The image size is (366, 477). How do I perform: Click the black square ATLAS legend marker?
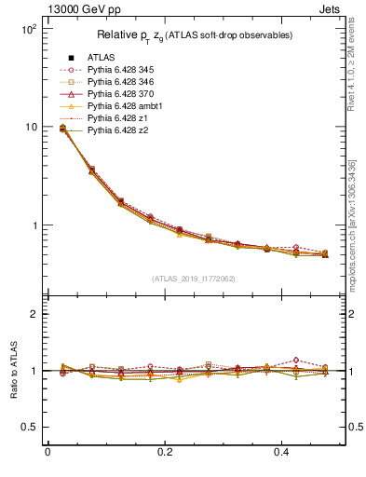pyautogui.click(x=72, y=59)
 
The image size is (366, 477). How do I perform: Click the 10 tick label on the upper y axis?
pyautogui.click(x=30, y=127)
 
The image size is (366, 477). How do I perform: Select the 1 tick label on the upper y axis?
pyautogui.click(x=33, y=225)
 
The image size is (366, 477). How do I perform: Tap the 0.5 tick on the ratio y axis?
pyautogui.click(x=28, y=427)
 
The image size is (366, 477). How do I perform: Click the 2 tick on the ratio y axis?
pyautogui.click(x=33, y=314)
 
